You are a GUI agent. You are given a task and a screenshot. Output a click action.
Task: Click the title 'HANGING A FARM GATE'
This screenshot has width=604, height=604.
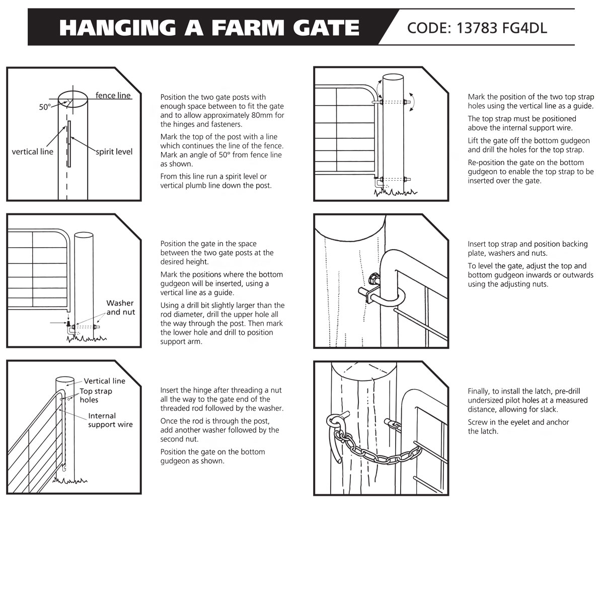click(x=209, y=28)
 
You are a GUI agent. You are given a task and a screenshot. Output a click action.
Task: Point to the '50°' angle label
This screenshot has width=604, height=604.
click(x=45, y=107)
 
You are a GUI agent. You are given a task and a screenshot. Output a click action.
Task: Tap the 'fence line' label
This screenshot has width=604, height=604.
click(x=113, y=96)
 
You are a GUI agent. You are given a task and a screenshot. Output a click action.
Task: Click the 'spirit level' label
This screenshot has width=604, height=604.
click(x=114, y=152)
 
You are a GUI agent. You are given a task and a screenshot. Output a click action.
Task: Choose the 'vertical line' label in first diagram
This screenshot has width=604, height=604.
click(x=33, y=152)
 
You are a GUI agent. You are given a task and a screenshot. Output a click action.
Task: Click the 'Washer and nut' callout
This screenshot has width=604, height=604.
click(x=120, y=308)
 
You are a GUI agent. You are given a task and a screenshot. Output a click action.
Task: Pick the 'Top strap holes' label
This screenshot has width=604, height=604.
click(x=96, y=396)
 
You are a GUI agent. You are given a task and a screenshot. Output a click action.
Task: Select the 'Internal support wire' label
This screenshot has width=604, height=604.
click(x=110, y=420)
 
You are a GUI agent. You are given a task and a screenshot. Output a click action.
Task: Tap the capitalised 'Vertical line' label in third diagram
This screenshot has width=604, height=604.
click(x=104, y=381)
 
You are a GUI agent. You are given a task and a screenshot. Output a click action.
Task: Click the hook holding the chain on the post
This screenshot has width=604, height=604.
click(x=335, y=428)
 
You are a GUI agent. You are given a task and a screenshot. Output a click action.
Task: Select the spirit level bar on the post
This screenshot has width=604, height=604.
click(x=69, y=143)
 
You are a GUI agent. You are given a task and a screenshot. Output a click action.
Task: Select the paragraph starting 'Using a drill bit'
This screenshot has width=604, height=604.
click(x=222, y=323)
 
